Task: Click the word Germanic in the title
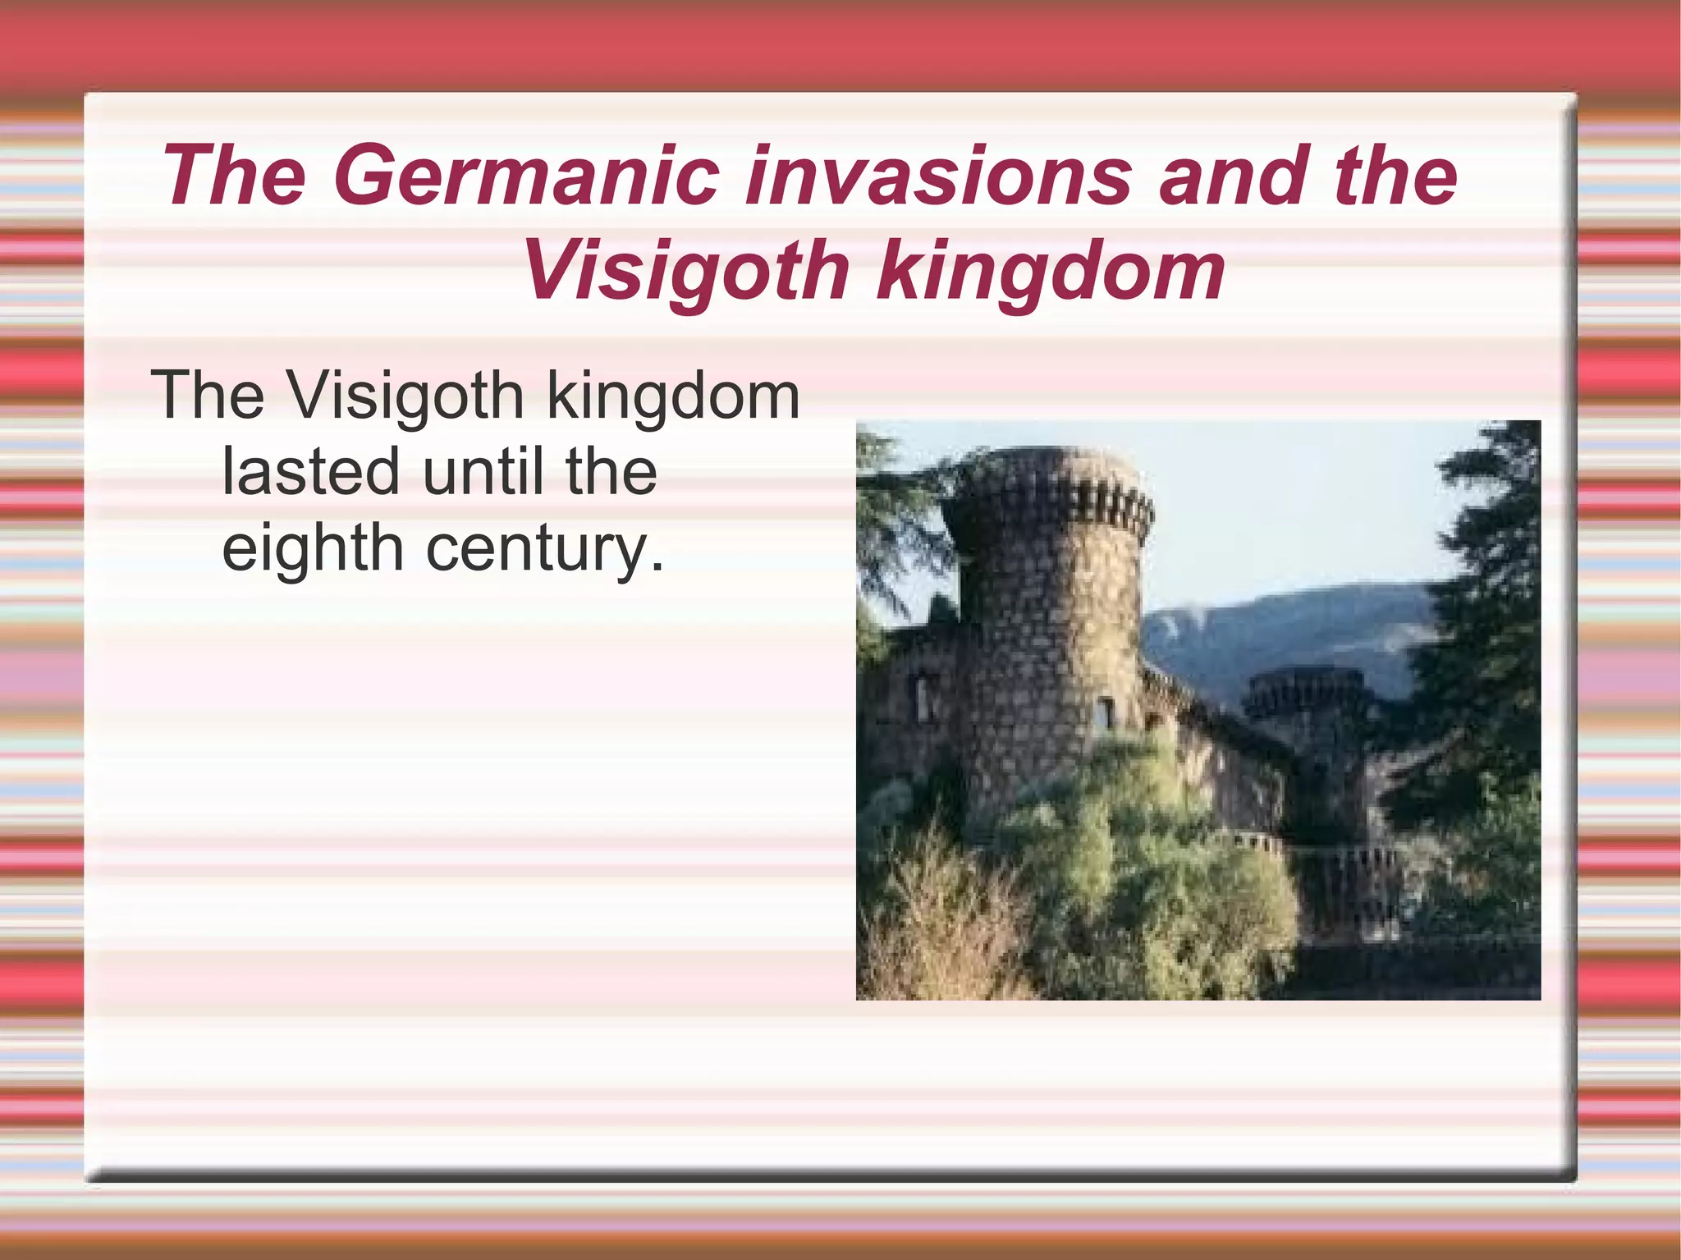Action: pyautogui.click(x=526, y=176)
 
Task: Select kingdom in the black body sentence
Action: pyautogui.click(x=673, y=396)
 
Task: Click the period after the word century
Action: pyautogui.click(x=656, y=566)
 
